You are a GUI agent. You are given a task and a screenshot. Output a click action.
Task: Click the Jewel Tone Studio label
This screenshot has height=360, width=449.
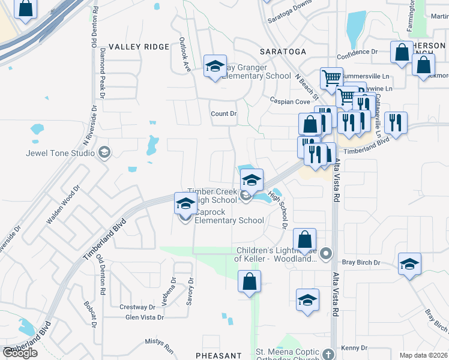[x=60, y=153]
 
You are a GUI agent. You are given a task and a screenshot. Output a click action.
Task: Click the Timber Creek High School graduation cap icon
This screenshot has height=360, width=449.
[x=252, y=179]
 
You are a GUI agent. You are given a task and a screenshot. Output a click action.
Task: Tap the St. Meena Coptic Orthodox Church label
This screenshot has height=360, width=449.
[x=291, y=356]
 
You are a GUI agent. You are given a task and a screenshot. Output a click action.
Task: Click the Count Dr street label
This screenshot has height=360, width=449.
[x=224, y=113]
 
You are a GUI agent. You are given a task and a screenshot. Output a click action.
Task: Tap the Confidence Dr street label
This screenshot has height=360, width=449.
[x=357, y=52]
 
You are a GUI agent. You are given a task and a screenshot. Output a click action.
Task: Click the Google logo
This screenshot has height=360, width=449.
[x=20, y=352]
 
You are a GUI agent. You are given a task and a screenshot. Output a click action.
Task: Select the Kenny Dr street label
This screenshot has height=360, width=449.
[x=354, y=348]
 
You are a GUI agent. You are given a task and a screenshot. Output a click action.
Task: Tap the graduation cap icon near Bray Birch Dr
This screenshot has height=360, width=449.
[x=409, y=264]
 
